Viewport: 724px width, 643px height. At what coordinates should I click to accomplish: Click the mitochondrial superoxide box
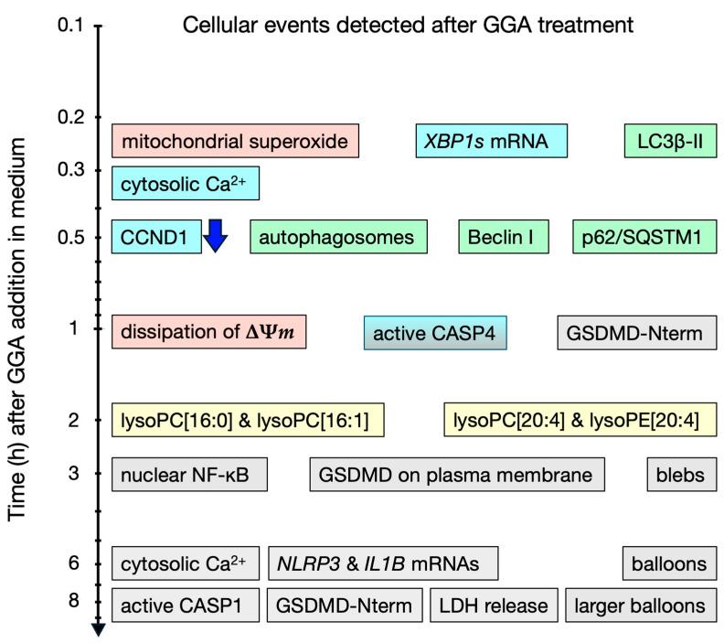(x=235, y=141)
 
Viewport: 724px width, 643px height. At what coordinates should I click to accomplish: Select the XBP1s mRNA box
(x=491, y=141)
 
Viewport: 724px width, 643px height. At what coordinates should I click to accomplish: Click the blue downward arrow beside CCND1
(x=215, y=236)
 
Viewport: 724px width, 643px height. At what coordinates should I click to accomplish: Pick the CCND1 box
(x=156, y=237)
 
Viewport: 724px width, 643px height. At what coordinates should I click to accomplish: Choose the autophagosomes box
(x=337, y=237)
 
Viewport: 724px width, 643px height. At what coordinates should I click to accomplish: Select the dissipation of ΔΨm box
(x=208, y=332)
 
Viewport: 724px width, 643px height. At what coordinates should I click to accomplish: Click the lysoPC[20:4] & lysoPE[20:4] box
(x=576, y=421)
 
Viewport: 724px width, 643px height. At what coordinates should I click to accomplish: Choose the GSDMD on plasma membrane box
(x=457, y=474)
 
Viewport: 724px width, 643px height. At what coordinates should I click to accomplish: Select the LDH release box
(x=494, y=605)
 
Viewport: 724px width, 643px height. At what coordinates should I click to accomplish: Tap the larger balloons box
(x=641, y=605)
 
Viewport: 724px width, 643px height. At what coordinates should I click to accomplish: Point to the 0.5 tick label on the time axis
(x=70, y=238)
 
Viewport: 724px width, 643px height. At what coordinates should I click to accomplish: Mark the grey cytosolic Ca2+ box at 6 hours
(x=186, y=563)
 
